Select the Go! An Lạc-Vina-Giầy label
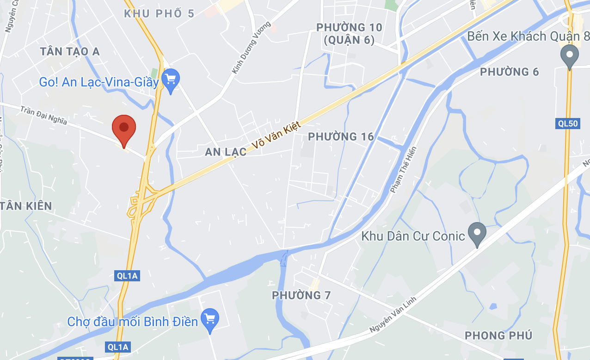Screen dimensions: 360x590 (99, 82)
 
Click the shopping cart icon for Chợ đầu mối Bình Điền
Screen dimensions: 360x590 (210, 319)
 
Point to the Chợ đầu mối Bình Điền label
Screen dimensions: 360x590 (133, 321)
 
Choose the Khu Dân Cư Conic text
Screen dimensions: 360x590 (413, 236)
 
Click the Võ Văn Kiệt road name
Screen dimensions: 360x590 (277, 135)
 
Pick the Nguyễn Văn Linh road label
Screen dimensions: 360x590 (393, 315)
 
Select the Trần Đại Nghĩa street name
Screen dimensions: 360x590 (44, 115)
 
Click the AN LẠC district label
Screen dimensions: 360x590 (226, 152)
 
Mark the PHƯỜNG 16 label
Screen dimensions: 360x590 (341, 137)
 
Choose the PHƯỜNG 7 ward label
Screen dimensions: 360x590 (301, 295)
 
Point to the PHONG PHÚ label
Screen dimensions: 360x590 (498, 335)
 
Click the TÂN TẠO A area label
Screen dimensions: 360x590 (70, 51)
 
